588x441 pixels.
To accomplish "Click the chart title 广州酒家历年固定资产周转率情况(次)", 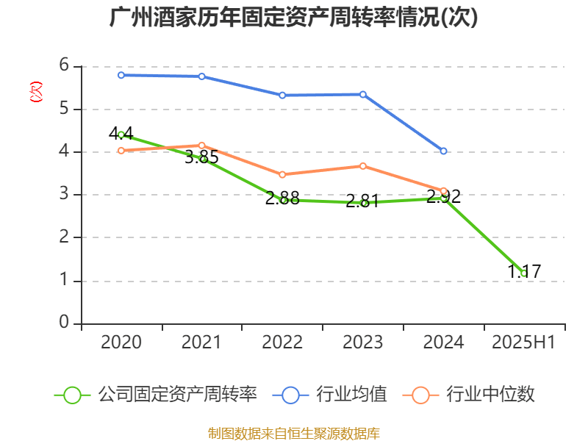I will pos(293,18).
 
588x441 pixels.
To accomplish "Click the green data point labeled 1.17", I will pos(524,273).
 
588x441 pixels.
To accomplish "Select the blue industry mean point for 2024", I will pos(443,151).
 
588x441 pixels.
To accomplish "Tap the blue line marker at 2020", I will pos(121,75).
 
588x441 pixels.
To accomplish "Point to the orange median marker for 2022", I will pos(282,175).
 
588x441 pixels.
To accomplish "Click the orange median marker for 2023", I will pos(362,166).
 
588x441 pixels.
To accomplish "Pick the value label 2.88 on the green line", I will pos(282,198).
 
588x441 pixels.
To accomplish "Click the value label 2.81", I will pos(362,201).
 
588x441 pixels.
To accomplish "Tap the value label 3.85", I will pos(201,157).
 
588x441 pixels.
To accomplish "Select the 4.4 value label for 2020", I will pos(121,134).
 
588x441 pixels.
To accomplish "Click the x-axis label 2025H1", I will pos(523,343).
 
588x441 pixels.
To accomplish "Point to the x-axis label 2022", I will pos(282,343).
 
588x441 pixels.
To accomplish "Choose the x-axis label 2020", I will pos(121,343).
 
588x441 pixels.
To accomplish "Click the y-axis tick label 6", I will pos(64,66).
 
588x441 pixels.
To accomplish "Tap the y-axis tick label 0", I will pos(64,323).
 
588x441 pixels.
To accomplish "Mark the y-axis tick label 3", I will pos(64,195).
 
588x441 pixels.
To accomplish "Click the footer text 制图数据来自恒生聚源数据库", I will pos(293,433).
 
